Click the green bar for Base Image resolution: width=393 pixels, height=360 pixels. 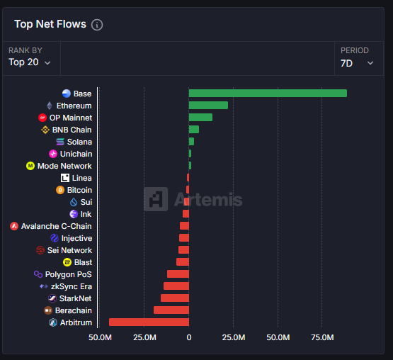(x=268, y=94)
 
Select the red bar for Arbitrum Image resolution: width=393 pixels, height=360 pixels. (x=149, y=322)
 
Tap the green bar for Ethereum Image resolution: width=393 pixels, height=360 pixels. (x=208, y=106)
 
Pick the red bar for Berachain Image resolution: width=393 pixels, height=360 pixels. (x=171, y=310)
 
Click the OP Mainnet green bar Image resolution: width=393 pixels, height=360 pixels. (x=200, y=118)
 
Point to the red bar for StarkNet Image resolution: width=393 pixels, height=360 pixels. (x=175, y=298)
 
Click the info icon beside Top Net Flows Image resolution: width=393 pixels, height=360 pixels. (x=97, y=25)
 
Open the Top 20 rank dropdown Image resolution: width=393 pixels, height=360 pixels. (x=30, y=62)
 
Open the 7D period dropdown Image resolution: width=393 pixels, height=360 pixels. (x=357, y=62)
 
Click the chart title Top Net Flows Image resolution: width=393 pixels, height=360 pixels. (x=50, y=25)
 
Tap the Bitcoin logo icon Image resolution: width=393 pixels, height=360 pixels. (x=60, y=190)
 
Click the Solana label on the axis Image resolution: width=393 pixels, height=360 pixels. (x=79, y=142)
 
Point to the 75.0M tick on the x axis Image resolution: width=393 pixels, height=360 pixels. (x=322, y=338)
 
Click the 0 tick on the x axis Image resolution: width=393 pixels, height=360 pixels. (x=188, y=338)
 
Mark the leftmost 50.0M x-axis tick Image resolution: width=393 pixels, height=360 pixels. (x=100, y=338)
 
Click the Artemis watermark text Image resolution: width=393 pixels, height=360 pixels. (x=207, y=200)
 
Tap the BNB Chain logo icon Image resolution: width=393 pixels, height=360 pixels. (x=45, y=130)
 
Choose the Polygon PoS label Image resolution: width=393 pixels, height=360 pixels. (x=68, y=274)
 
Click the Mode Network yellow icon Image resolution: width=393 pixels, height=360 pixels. (x=30, y=166)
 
